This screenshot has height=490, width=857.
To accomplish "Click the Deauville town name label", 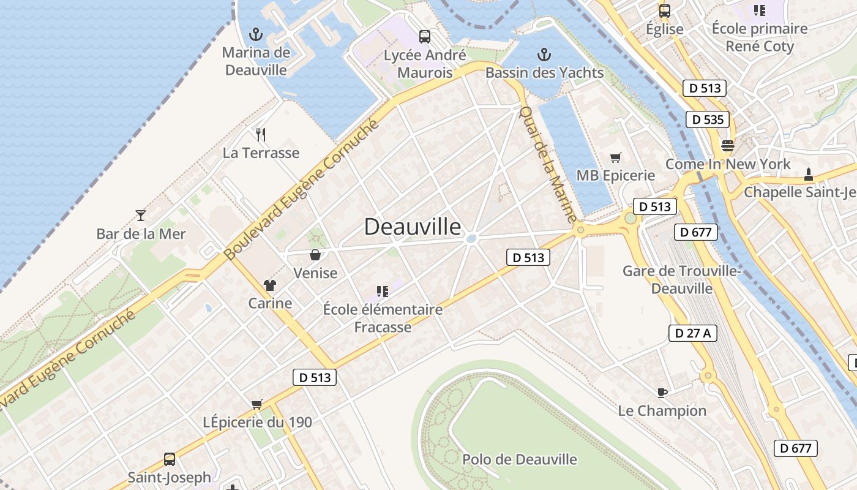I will [x=413, y=227].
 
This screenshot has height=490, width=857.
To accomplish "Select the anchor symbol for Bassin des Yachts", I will [x=544, y=55].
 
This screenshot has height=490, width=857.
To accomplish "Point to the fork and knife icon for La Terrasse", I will [x=261, y=135].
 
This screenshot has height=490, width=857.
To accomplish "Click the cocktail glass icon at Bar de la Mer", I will [x=141, y=215].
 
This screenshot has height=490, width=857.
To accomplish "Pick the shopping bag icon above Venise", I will [x=315, y=255].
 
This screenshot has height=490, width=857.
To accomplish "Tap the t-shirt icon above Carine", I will [x=270, y=285].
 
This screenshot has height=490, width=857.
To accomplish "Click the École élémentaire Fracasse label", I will [x=383, y=318].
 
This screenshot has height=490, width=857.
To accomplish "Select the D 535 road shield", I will [x=707, y=119].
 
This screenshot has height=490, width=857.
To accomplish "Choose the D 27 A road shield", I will [x=692, y=333].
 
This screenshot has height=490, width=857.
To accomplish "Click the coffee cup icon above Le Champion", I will [x=662, y=392].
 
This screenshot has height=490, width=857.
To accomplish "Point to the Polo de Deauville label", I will [x=519, y=459].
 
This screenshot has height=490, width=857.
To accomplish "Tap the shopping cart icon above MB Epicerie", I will [x=616, y=158].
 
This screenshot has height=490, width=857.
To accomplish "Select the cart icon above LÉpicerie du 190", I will [x=257, y=404].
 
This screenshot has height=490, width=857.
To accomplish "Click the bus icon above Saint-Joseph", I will [x=169, y=459].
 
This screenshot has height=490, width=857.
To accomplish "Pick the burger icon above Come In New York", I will [x=728, y=146].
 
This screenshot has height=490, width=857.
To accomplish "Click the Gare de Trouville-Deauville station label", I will [x=682, y=279].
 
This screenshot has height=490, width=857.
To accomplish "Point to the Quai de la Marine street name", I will [x=548, y=164].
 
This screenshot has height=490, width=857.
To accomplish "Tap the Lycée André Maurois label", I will [x=425, y=64].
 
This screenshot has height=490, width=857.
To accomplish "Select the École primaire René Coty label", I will [x=760, y=37].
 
